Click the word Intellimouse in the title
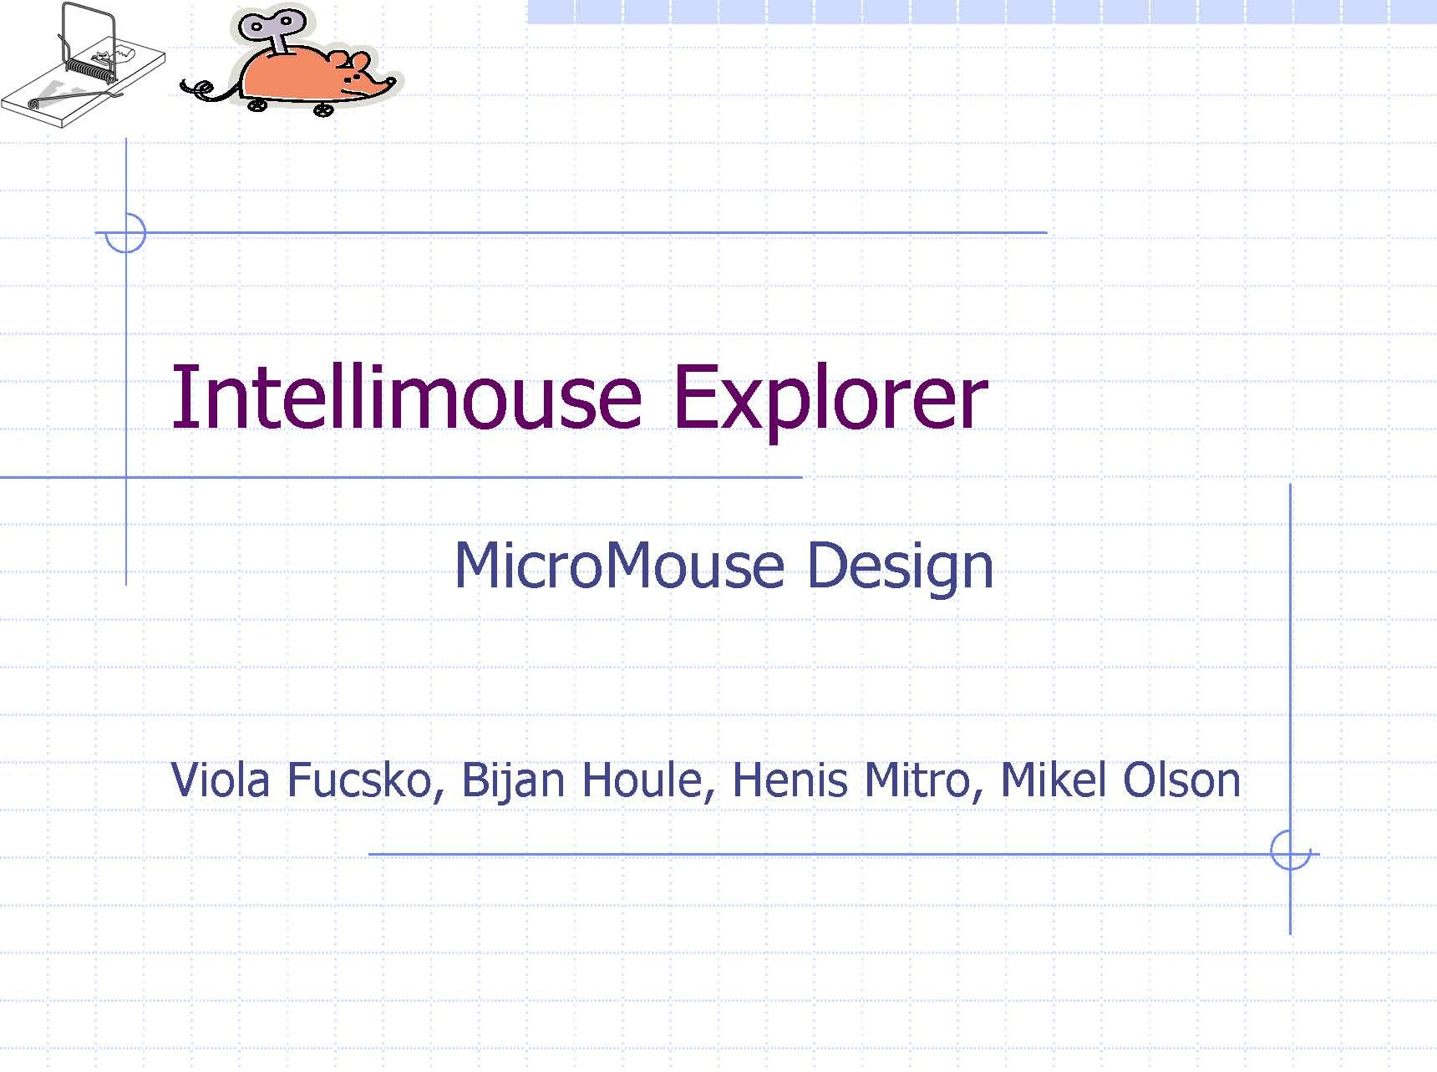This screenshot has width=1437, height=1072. click(x=405, y=398)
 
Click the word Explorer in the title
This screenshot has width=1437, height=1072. click(x=829, y=399)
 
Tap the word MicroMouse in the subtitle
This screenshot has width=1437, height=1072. click(x=619, y=566)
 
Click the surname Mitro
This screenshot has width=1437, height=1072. click(x=917, y=780)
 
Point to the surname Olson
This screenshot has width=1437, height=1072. click(x=1181, y=780)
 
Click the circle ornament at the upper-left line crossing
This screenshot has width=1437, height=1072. click(x=125, y=232)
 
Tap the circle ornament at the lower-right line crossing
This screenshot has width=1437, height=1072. click(x=1290, y=852)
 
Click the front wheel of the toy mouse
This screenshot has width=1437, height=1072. click(x=322, y=109)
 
